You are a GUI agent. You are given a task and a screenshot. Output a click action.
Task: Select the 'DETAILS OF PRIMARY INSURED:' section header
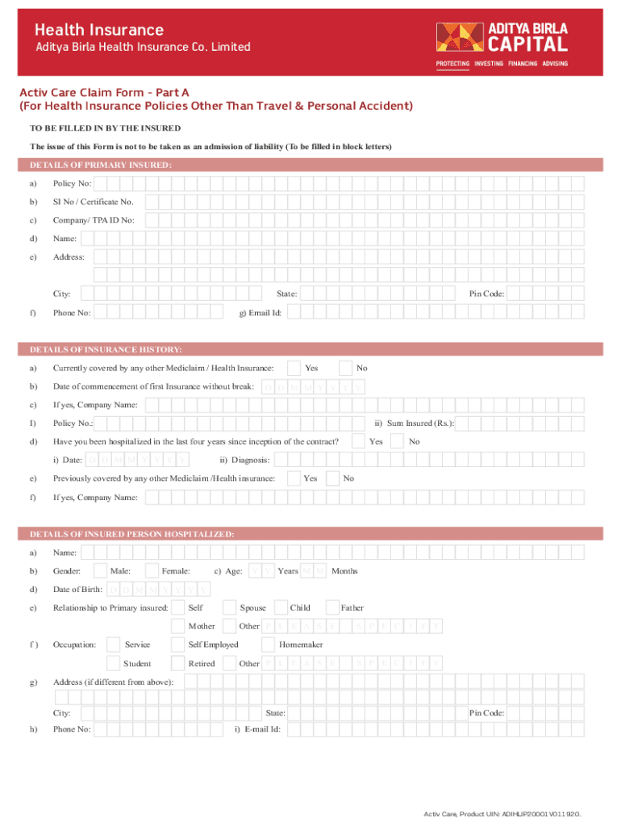[101, 165]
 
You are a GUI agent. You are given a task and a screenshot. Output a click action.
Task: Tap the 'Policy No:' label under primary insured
[73, 184]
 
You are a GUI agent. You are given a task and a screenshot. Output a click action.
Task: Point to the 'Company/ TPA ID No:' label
[94, 220]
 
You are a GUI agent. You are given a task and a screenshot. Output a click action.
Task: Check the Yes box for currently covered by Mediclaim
[295, 368]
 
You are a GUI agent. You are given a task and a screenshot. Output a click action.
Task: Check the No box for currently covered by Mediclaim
[346, 368]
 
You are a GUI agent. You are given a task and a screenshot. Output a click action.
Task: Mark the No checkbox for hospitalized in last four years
[398, 441]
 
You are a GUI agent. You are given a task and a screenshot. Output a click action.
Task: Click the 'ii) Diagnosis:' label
[244, 460]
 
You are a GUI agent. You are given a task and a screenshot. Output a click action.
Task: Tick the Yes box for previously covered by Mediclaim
[295, 478]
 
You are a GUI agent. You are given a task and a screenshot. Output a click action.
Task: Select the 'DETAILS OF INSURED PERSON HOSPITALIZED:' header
[132, 534]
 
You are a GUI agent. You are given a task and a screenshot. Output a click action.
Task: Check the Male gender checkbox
[101, 571]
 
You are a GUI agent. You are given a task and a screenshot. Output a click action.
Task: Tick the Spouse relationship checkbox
[230, 607]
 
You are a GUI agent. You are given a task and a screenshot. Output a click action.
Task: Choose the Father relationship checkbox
[332, 607]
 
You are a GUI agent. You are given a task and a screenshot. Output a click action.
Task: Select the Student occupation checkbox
[114, 663]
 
